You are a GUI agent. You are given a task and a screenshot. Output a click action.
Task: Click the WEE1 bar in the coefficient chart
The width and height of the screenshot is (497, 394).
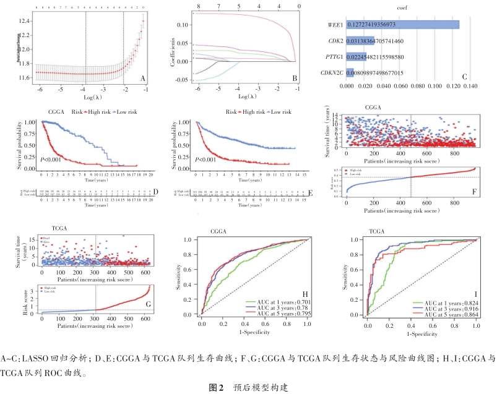[402, 24]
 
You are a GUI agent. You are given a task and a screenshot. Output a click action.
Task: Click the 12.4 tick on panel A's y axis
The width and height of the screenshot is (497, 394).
[27, 22]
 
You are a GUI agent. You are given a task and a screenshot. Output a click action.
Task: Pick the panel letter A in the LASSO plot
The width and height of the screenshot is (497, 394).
[143, 79]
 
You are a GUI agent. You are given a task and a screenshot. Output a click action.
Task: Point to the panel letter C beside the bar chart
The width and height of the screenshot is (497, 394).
[464, 77]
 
